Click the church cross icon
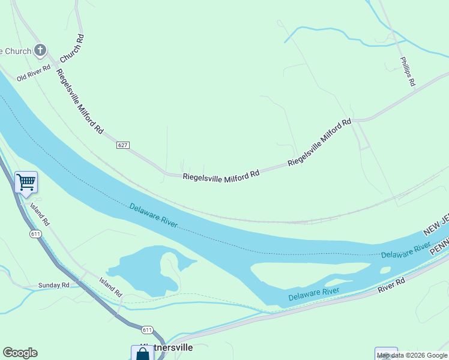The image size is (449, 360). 40,50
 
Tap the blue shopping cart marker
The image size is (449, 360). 26,181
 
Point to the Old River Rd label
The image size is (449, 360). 34,74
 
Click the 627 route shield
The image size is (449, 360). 123,145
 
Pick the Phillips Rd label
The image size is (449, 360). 408,72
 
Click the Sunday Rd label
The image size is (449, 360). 58,285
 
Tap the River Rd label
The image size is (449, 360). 391,285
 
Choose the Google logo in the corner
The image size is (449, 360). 20,353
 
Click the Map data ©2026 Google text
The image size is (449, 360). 412,356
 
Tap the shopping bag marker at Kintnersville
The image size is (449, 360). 142,353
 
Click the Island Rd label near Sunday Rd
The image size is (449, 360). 111,287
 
